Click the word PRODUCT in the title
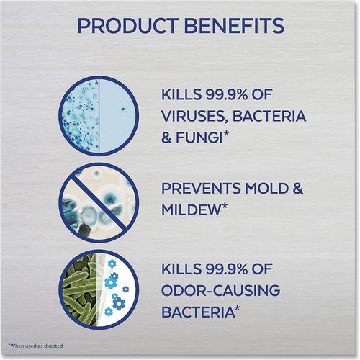(x=128, y=25)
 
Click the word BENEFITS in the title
(x=235, y=25)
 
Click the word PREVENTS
(x=201, y=189)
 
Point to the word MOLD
(x=266, y=189)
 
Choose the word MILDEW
(x=191, y=210)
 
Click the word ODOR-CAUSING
(x=220, y=291)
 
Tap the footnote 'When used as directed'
(x=35, y=346)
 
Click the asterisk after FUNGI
(x=225, y=135)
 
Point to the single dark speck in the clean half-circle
(x=122, y=109)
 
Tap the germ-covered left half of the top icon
(x=81, y=117)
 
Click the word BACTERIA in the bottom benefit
(x=197, y=312)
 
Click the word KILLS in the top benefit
(x=181, y=94)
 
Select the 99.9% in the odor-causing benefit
(x=226, y=269)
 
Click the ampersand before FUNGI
(x=166, y=138)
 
